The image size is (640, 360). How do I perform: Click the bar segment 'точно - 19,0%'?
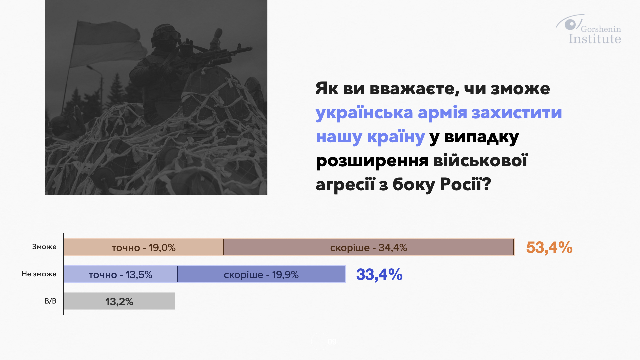tap(144, 247)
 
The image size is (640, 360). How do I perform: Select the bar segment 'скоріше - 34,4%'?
tap(369, 247)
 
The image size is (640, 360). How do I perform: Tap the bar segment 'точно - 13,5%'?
tap(121, 274)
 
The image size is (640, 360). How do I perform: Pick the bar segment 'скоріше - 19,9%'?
tap(261, 274)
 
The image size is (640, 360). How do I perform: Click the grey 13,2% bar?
tap(119, 301)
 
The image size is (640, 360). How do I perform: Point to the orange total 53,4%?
tap(549, 248)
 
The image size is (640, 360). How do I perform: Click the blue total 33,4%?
tap(379, 275)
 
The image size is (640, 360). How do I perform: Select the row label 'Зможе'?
tap(44, 247)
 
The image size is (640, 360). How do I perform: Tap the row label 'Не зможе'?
tap(39, 274)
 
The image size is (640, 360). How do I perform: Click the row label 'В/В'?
tap(50, 301)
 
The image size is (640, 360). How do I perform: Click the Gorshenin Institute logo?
tap(588, 29)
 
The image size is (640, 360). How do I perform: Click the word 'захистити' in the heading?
tap(516, 113)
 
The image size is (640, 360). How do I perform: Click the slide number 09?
tap(332, 342)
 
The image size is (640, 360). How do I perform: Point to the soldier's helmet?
tap(165, 33)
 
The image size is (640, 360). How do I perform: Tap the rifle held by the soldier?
tap(213, 55)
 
